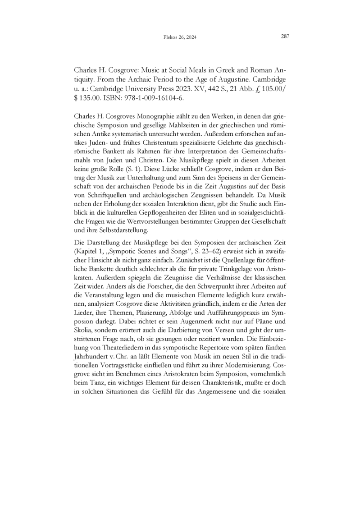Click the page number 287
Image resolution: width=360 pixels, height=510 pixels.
pos(285,37)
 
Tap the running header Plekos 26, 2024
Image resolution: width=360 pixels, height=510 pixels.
pos(180,38)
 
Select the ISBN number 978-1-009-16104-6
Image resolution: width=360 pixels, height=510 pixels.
pos(147,98)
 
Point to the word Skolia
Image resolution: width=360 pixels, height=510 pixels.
pos(82,330)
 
